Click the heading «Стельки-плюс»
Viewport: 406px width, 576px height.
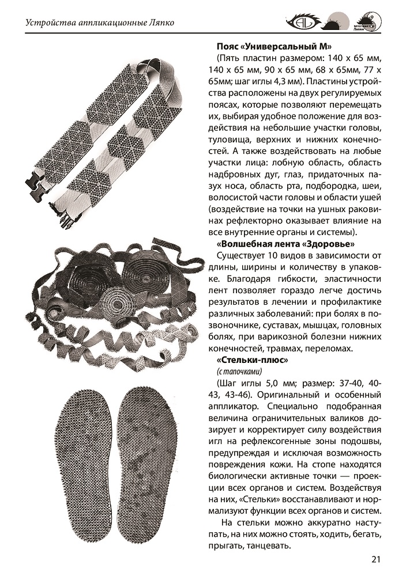pos(247,360)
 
